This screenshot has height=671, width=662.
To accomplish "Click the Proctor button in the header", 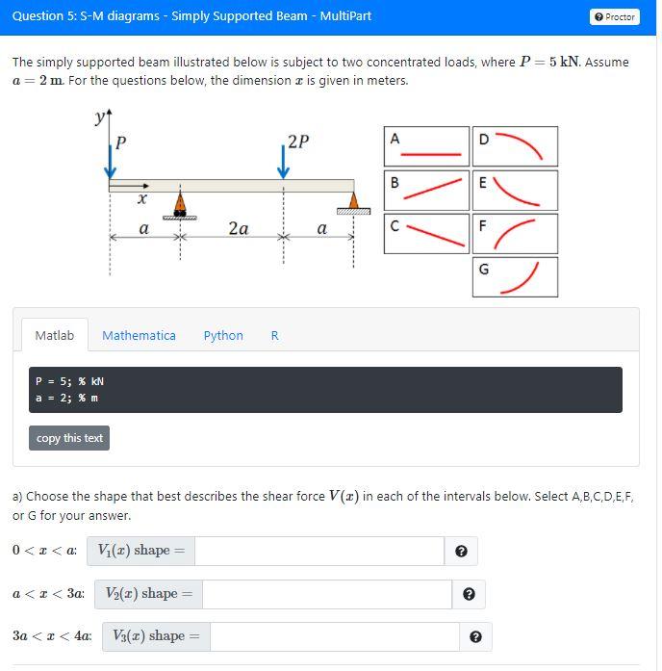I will point(615,16).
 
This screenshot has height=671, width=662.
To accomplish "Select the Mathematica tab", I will point(139,335).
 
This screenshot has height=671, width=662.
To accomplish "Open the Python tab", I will point(223,335).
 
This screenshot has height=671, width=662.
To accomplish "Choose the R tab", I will point(275,335).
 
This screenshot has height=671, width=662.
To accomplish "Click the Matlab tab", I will point(54,335).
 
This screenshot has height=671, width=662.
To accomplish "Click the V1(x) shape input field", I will point(319,551).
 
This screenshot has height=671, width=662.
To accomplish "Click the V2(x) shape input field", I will point(327,594).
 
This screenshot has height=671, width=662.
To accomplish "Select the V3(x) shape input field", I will point(334,636).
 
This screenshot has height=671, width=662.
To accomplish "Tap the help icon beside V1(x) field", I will point(461,552).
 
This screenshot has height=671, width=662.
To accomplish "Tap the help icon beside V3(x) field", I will point(475,637).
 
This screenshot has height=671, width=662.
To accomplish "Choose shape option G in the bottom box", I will point(515,277).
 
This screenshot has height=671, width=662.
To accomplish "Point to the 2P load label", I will point(298,142).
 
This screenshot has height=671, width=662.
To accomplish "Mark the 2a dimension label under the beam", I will point(239,229).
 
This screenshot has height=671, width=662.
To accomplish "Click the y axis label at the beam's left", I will point(100,118).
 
